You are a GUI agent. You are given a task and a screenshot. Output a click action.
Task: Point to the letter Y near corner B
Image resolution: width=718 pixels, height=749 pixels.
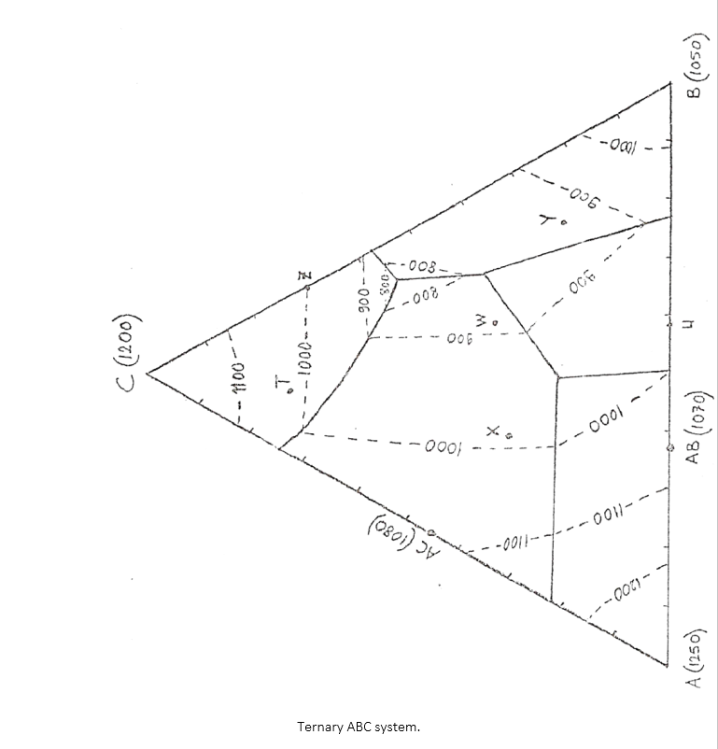click(x=551, y=220)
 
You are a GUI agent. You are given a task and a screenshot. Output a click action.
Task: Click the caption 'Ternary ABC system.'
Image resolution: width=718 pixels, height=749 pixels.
click(x=359, y=726)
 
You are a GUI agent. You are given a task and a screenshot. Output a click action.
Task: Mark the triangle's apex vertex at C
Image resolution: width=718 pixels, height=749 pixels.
click(x=148, y=373)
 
